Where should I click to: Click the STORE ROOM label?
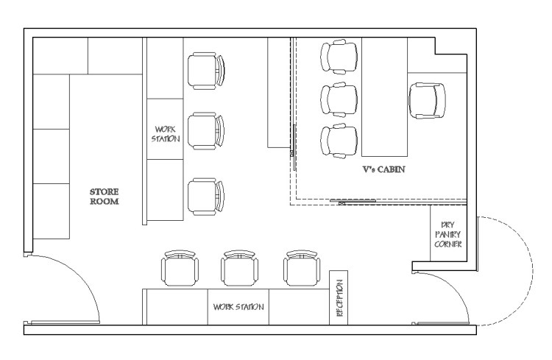[105, 197]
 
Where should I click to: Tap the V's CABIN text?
[383, 169]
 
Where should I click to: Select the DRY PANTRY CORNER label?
[447, 234]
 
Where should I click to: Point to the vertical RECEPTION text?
[339, 298]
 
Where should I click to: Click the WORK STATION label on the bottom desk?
[238, 307]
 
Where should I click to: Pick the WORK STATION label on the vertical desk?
[166, 134]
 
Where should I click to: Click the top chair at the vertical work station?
[206, 71]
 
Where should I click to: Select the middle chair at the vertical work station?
[206, 131]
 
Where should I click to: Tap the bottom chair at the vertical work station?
[206, 197]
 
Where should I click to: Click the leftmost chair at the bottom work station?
[180, 268]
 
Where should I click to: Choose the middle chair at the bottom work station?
[239, 268]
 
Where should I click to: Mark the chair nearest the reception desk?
[302, 268]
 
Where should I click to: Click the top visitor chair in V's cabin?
[339, 57]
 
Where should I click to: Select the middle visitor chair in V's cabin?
[339, 99]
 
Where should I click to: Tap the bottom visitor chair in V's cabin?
[339, 141]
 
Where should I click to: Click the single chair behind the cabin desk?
[427, 101]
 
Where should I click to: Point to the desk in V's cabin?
[384, 97]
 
